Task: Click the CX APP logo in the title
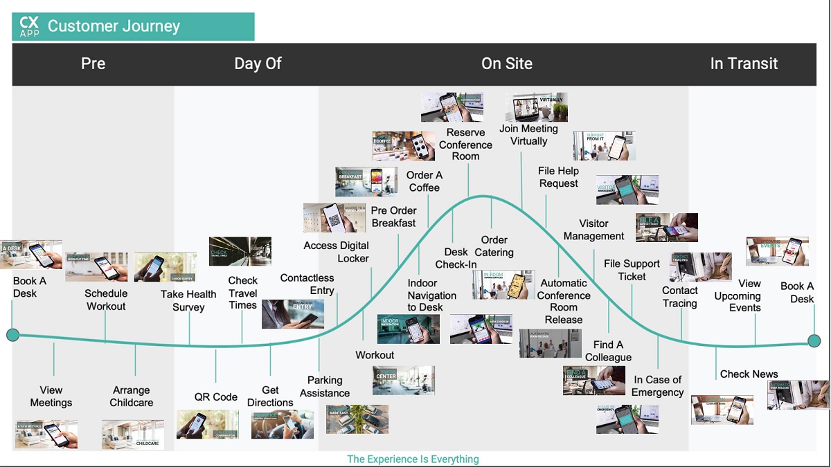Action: [30, 27]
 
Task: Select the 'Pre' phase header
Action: [93, 64]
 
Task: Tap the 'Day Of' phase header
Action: [258, 64]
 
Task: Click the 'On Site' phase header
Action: [507, 64]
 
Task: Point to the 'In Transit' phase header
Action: [744, 64]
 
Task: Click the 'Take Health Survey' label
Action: [188, 300]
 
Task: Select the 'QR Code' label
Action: [216, 397]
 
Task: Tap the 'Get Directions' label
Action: [270, 396]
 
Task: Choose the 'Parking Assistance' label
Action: [325, 387]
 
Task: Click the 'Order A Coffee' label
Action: [425, 181]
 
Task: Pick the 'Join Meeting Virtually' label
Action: [528, 135]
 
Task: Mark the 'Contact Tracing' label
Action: [679, 297]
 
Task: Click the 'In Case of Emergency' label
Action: [657, 386]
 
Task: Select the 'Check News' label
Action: [749, 374]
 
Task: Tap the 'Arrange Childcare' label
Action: [132, 396]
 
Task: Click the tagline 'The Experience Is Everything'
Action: [413, 459]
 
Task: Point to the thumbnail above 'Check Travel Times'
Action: [240, 251]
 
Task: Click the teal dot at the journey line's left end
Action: [12, 336]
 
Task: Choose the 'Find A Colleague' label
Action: [608, 351]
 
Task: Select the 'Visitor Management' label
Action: [593, 230]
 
